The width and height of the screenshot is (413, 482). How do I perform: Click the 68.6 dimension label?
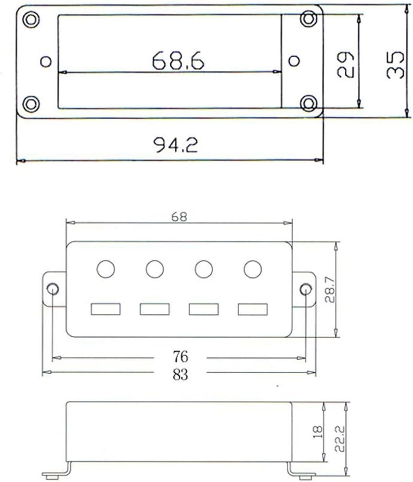[178, 61]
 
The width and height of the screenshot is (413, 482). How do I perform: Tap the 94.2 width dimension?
[175, 145]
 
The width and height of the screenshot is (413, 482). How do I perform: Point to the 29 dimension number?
[345, 65]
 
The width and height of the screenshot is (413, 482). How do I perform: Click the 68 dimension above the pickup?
[179, 217]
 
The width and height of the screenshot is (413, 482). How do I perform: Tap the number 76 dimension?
[180, 357]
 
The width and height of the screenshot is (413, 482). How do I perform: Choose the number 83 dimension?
[180, 375]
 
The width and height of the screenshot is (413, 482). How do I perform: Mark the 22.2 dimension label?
[340, 439]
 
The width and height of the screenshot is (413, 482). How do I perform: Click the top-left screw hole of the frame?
[31, 19]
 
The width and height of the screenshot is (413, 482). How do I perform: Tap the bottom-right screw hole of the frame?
[308, 103]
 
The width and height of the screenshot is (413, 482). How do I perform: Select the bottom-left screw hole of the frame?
[31, 104]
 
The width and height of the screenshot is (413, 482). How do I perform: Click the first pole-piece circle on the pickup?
[106, 269]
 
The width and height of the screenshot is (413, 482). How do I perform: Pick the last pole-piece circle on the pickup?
[252, 269]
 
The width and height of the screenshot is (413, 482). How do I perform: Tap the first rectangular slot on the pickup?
[106, 309]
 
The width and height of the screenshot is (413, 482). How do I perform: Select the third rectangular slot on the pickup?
[203, 309]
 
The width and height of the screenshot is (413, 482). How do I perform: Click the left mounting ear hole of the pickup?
[52, 288]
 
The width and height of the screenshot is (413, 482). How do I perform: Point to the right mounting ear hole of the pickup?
[305, 289]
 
